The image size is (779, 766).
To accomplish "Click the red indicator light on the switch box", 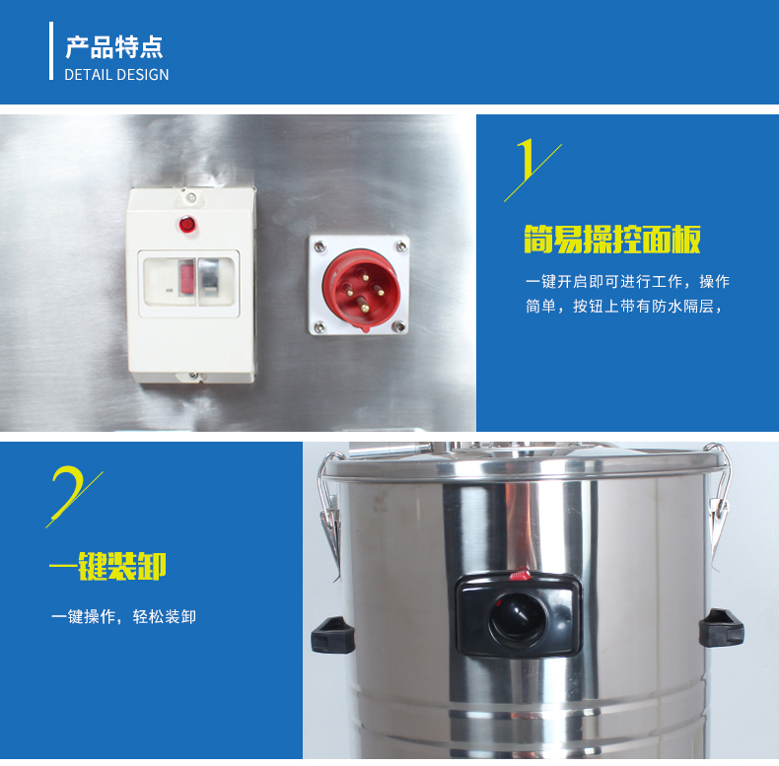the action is [x=187, y=224].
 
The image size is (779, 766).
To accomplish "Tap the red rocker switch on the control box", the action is [x=186, y=277].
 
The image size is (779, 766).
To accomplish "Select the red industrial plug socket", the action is [x=361, y=287].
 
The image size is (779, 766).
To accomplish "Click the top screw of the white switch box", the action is [x=189, y=198].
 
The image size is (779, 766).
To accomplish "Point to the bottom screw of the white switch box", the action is [x=193, y=376].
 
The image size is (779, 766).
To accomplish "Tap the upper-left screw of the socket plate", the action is [x=320, y=245].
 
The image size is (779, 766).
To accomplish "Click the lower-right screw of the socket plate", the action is [x=398, y=326].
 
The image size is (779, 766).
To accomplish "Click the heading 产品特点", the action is [x=114, y=47].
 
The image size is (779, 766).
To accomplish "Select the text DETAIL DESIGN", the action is [x=116, y=75].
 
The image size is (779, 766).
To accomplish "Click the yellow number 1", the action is [x=527, y=160].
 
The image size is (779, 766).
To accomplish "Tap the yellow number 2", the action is [x=67, y=491].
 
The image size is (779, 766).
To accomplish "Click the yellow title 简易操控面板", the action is [x=612, y=240].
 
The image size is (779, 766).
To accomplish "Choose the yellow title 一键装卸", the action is [x=107, y=566].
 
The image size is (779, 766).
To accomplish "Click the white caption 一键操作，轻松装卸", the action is [x=123, y=616].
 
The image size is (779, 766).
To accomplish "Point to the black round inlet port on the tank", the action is [x=518, y=616].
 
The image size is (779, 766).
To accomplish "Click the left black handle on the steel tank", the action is [x=333, y=635].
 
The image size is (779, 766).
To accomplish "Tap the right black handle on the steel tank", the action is [x=722, y=628].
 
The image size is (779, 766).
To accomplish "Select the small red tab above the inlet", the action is [x=521, y=575].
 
